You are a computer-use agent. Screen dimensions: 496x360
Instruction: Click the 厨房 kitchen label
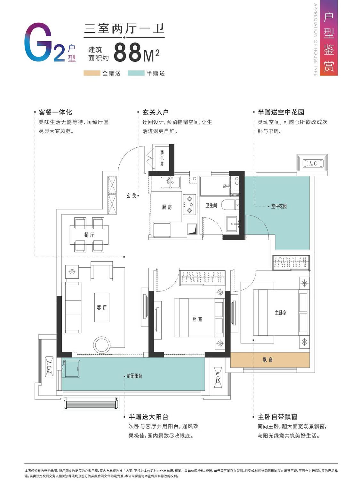click(x=167, y=207)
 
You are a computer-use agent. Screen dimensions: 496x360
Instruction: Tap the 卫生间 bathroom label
click(x=211, y=205)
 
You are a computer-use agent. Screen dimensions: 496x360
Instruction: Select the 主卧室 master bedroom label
click(x=281, y=313)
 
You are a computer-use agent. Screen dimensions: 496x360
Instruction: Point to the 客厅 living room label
click(x=102, y=307)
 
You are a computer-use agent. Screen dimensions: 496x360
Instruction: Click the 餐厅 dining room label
click(x=89, y=235)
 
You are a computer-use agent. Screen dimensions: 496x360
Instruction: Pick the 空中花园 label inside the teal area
click(x=279, y=206)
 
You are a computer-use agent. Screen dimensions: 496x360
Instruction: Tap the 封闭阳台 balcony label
click(x=134, y=376)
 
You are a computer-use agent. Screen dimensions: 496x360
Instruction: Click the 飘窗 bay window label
click(x=268, y=360)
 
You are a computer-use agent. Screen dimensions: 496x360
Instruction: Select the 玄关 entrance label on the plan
click(x=131, y=196)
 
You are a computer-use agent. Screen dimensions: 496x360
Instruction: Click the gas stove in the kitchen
click(x=190, y=204)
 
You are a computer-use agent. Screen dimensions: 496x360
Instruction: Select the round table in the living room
click(x=102, y=345)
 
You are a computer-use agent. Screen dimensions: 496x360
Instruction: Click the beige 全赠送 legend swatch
click(x=92, y=73)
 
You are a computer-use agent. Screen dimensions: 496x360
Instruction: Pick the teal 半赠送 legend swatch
click(x=136, y=73)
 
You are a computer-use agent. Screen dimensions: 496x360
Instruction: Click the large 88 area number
click(x=127, y=52)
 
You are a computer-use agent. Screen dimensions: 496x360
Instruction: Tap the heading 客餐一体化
click(x=55, y=112)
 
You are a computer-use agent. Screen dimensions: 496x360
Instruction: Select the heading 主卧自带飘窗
click(x=277, y=417)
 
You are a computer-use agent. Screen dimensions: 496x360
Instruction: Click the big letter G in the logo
click(x=38, y=42)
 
